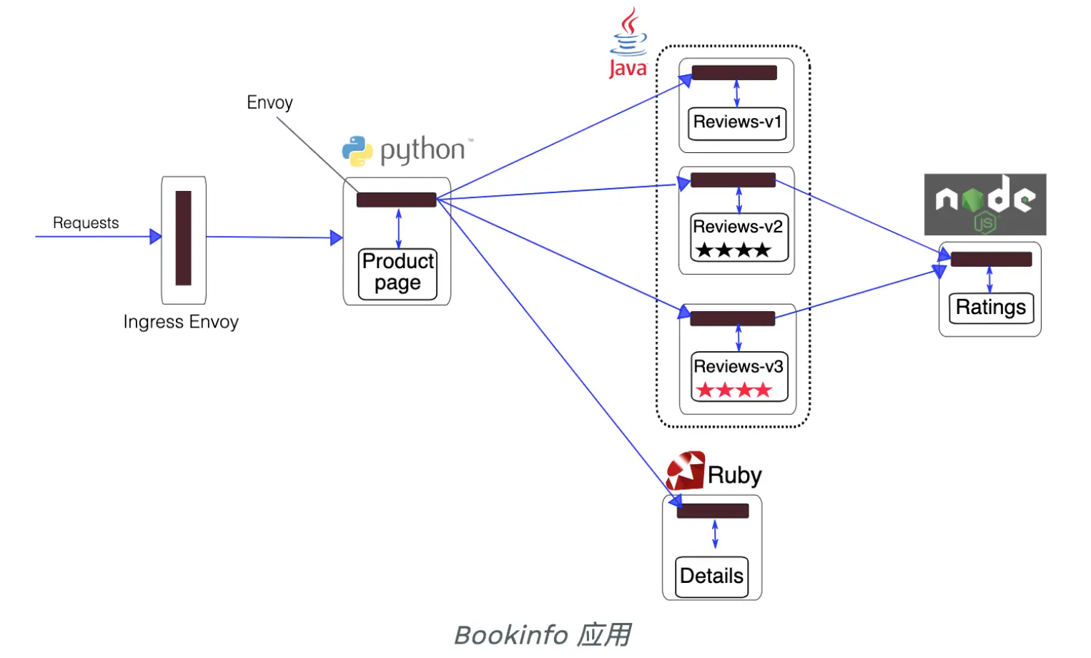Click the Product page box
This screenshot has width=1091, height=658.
click(x=398, y=272)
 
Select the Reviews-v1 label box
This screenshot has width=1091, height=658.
click(x=737, y=122)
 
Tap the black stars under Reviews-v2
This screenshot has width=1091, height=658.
click(x=733, y=250)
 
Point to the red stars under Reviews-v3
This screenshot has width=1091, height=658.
click(x=734, y=390)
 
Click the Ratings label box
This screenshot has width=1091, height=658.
click(x=991, y=308)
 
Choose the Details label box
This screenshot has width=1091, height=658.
click(x=711, y=576)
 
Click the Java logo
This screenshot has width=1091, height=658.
click(x=628, y=43)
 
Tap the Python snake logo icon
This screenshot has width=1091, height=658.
click(x=357, y=151)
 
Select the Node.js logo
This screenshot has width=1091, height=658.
click(x=984, y=205)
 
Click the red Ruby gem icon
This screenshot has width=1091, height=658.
click(x=686, y=471)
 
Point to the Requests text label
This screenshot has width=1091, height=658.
click(x=86, y=222)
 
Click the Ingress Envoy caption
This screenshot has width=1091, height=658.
click(x=181, y=322)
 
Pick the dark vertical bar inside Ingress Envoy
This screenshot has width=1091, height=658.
click(x=184, y=238)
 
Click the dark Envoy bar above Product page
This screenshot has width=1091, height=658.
click(x=396, y=200)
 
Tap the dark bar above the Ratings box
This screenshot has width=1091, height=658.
click(x=991, y=259)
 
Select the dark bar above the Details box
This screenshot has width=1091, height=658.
click(x=713, y=511)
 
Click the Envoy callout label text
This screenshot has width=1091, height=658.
click(x=270, y=102)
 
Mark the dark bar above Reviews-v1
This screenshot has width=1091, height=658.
click(x=734, y=72)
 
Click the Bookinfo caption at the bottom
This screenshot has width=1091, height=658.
click(x=543, y=634)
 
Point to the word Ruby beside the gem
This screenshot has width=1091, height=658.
click(x=734, y=475)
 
